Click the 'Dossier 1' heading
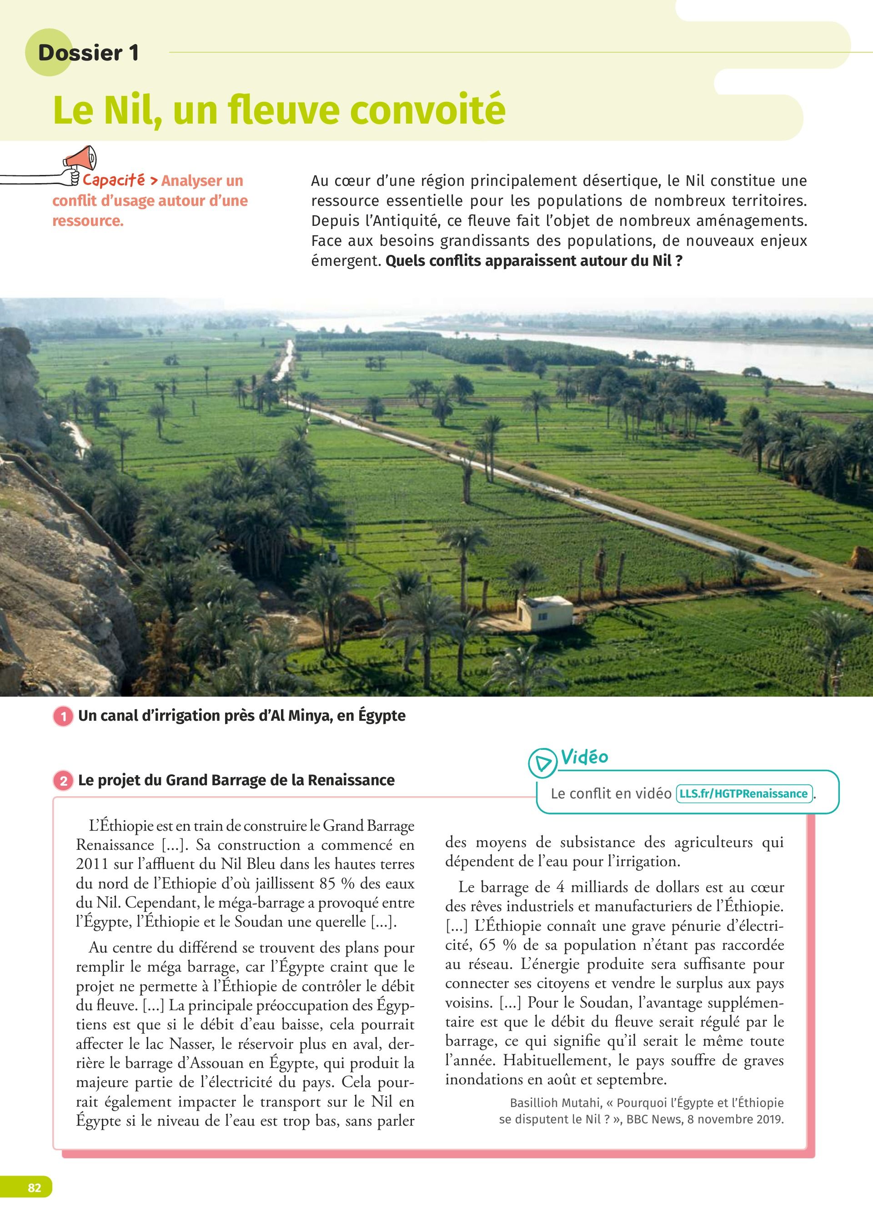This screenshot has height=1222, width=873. click(x=88, y=53)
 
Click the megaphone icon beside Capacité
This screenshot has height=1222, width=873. click(x=80, y=159)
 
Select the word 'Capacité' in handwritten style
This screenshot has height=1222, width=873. click(x=113, y=180)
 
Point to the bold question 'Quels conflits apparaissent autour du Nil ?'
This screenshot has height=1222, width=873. click(x=534, y=261)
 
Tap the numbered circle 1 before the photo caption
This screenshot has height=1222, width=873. click(x=64, y=717)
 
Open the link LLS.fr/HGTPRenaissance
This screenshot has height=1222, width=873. click(x=744, y=794)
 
